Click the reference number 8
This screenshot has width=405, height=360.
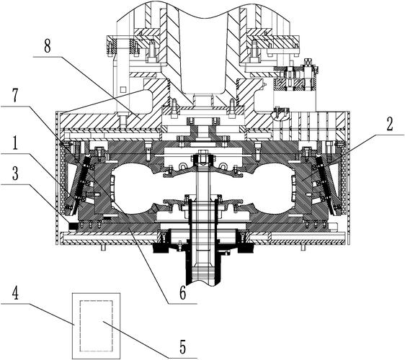point(47,47)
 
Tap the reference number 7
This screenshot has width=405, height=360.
point(15,96)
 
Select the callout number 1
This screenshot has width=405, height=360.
point(15,143)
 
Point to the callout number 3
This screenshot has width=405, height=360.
point(15,174)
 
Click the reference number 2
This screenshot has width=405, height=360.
point(389,125)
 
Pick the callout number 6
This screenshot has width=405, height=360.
point(182,293)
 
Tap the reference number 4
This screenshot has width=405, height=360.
point(16,294)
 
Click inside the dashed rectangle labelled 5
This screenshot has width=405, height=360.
point(96,325)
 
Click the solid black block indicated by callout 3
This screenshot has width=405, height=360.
point(73,226)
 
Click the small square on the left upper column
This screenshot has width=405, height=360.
point(123,89)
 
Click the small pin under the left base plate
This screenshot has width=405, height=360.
point(103,248)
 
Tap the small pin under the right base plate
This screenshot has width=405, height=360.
point(303,248)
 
